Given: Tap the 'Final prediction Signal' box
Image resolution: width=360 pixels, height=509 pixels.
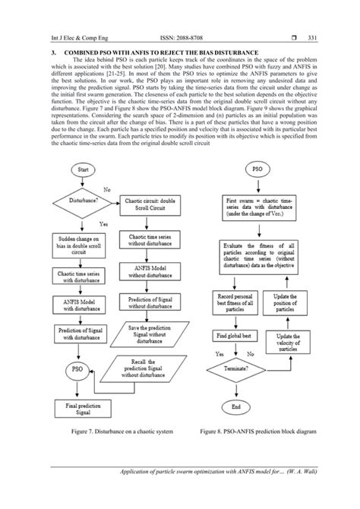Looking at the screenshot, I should coord(84,410).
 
